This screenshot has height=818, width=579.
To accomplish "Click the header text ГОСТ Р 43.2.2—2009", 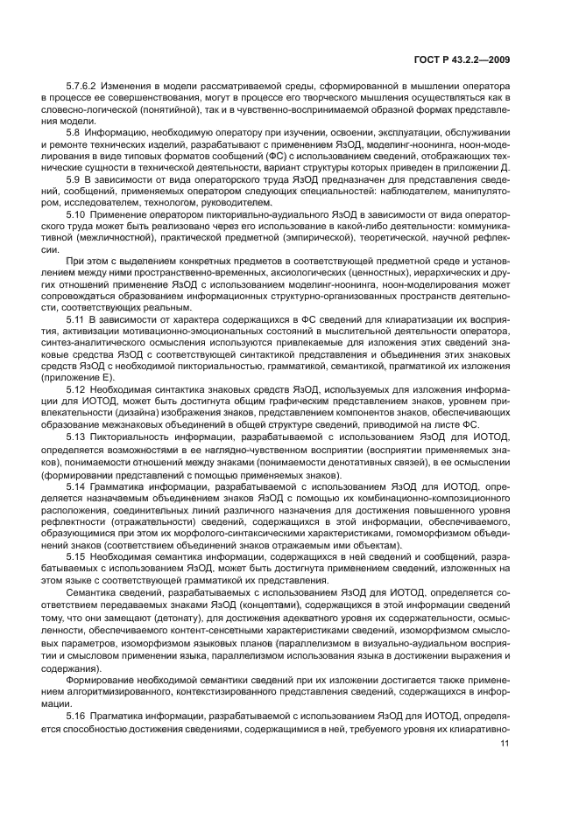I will (x=463, y=60).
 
